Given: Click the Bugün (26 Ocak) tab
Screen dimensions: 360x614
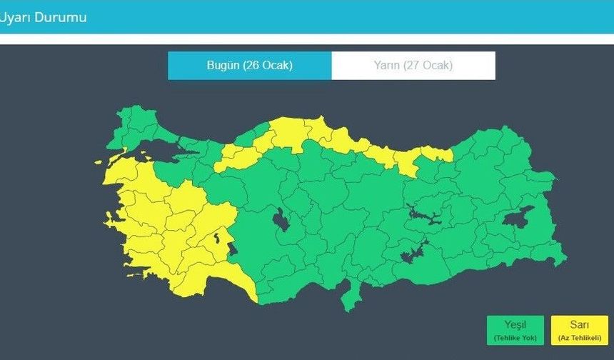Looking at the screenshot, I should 249,66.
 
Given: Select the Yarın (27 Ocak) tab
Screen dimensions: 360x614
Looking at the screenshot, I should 413,66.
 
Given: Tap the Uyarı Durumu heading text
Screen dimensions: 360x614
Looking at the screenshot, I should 43,17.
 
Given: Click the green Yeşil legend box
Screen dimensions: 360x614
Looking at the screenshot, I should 515,330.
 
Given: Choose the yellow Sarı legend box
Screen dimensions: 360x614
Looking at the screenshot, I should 579,330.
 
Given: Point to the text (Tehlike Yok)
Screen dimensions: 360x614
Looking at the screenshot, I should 515,337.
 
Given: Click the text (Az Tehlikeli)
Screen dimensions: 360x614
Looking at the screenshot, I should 579,337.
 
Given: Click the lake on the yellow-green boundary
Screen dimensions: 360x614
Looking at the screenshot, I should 233,249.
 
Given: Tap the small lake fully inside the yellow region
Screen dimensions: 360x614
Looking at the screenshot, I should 216,237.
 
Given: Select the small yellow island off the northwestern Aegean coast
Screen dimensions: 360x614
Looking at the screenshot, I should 98,162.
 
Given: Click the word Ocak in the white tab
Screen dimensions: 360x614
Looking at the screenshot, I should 437,66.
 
